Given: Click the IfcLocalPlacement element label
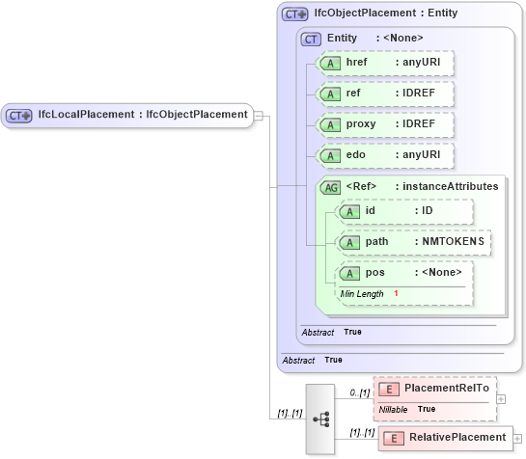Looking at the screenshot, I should pos(142,115).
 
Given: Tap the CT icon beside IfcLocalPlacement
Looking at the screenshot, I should pos(19,115).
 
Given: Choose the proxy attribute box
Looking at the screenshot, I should pos(385,124).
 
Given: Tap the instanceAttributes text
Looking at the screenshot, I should pos(450,186).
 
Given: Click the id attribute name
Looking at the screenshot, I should pos(371,210).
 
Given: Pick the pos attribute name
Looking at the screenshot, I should pos(375,272).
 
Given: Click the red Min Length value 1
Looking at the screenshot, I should pos(396,293).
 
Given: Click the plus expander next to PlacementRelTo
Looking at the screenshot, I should pos(500,397).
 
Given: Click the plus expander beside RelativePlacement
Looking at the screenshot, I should pos(518,438).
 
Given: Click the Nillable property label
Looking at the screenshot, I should pos(393,409).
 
